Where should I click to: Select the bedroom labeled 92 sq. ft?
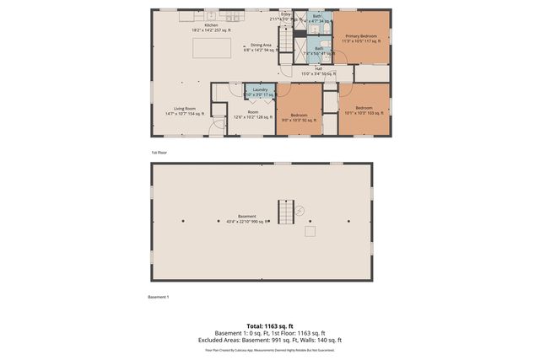(x=299, y=117)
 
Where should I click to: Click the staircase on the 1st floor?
(x=290, y=42)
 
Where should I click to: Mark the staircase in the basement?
(x=289, y=212)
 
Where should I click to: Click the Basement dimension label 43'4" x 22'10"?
(x=246, y=219)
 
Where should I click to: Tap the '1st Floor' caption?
(x=159, y=153)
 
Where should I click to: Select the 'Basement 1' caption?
(x=159, y=297)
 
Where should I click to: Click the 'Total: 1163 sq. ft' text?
(x=269, y=325)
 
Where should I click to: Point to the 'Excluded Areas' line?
(x=269, y=340)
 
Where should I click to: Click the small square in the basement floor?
(x=310, y=231)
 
